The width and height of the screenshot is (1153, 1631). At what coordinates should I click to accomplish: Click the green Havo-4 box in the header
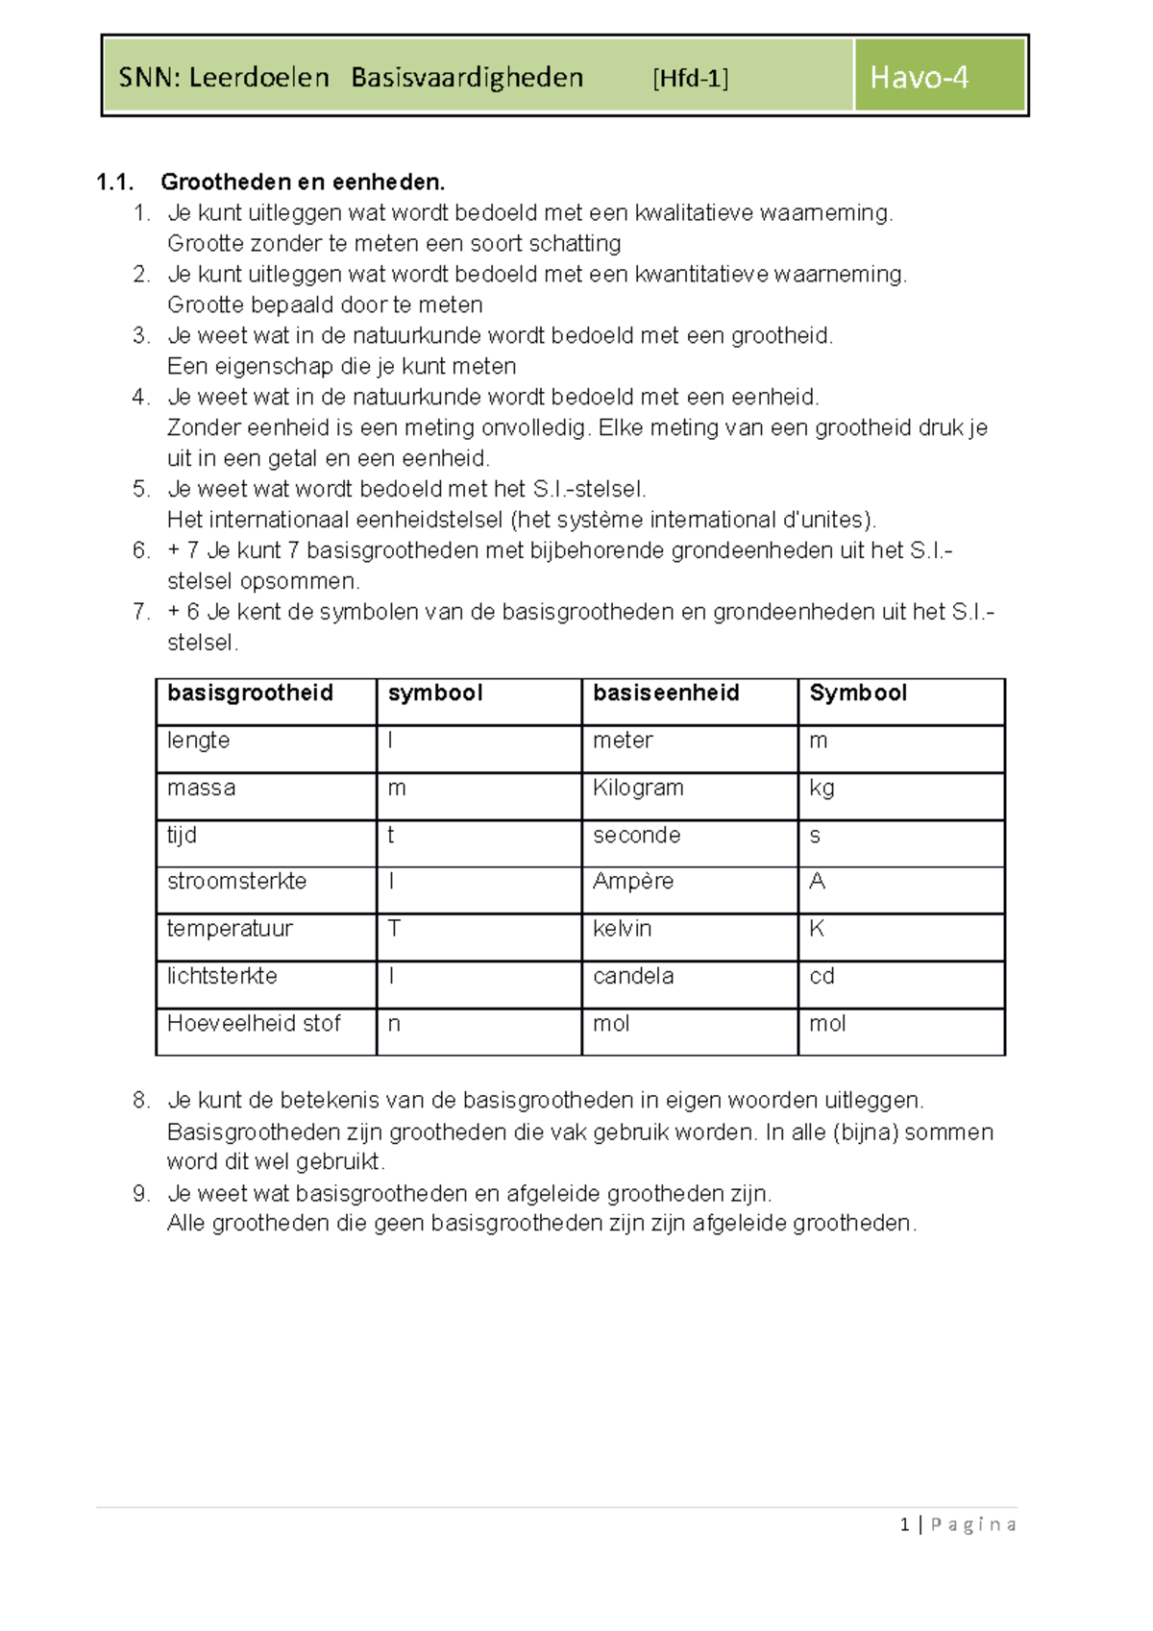coord(939,77)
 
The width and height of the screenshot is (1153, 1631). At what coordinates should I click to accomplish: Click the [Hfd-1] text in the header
coord(690,78)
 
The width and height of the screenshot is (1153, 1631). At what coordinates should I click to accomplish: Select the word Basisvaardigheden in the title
coord(467,77)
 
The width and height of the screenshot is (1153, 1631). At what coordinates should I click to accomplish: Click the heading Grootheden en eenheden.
coord(303,182)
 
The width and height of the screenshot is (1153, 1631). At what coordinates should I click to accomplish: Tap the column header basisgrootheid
coord(250,693)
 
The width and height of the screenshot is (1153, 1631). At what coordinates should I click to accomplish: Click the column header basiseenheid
coord(666,693)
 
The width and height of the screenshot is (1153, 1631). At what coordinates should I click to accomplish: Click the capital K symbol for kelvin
coord(817,928)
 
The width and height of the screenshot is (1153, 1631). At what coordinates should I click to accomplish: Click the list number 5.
coord(141,489)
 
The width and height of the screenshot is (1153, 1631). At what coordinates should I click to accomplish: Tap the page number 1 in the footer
coord(904,1524)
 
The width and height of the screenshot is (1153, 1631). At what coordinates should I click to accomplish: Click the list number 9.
coord(141,1193)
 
